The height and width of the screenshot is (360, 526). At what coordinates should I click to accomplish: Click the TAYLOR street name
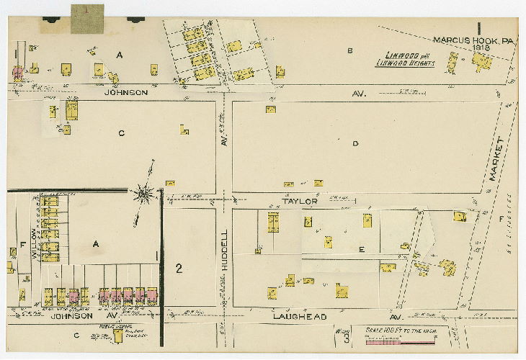click(x=300, y=202)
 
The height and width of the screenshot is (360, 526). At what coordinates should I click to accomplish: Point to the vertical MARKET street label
click(x=494, y=158)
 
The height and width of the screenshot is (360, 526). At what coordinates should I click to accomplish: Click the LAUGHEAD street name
click(x=299, y=316)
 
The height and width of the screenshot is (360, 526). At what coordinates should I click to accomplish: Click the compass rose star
click(x=144, y=192)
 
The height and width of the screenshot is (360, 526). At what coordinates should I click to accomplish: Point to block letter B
click(x=350, y=50)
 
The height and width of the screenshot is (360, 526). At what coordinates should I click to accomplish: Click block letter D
click(x=355, y=144)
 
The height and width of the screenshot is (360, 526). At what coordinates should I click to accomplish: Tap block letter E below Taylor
click(x=362, y=249)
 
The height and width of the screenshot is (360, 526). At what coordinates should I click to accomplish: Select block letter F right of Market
click(x=502, y=217)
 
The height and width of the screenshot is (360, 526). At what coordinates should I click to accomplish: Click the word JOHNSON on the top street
click(x=126, y=92)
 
